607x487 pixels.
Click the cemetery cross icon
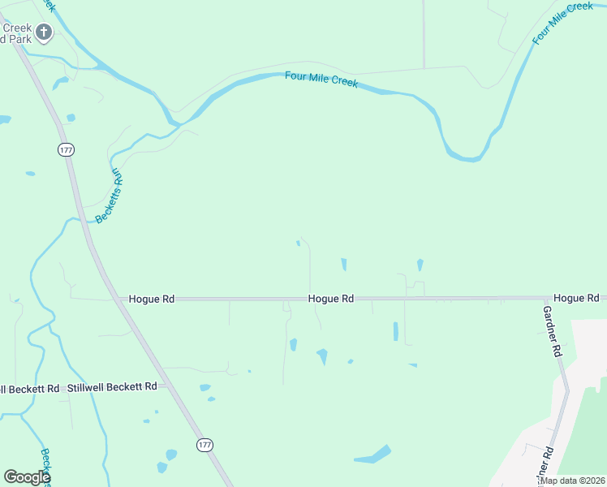[x=43, y=32]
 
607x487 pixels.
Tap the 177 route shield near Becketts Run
[x=65, y=149]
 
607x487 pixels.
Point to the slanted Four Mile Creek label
[x=563, y=23]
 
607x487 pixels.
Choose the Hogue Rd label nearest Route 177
[x=152, y=299]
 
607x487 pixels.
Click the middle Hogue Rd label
[x=331, y=299]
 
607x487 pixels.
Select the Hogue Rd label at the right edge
[x=576, y=299]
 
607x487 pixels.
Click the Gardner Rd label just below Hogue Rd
[x=552, y=332]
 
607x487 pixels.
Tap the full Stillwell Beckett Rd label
[x=112, y=387]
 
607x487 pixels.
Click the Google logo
[x=27, y=477]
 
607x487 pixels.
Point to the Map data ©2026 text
[x=571, y=481]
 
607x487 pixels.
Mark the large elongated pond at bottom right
[x=372, y=455]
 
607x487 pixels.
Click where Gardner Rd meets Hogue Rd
[x=545, y=299]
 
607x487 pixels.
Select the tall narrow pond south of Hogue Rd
[x=396, y=331]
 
